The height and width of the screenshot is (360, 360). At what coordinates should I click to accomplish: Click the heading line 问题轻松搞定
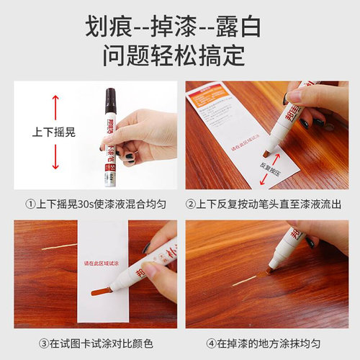pos(179,55)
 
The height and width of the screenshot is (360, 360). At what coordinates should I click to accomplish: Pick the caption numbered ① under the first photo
pos(91,204)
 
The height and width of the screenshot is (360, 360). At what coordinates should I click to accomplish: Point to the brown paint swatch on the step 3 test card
pos(102,291)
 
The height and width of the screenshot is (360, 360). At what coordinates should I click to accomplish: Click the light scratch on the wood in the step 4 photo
pos(243,279)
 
